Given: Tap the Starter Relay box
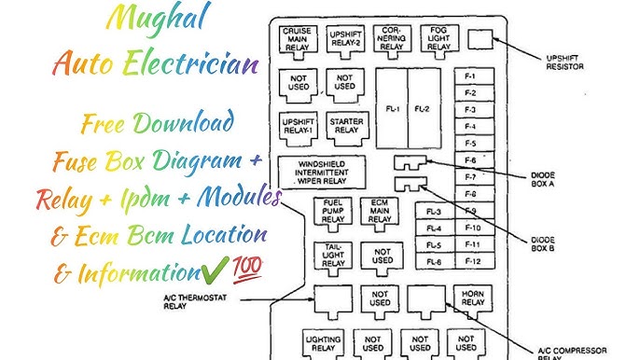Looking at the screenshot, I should [x=345, y=125].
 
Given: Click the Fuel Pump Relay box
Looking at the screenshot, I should [x=333, y=212].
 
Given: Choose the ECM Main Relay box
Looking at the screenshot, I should [x=380, y=212].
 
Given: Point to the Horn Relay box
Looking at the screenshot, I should [x=471, y=298].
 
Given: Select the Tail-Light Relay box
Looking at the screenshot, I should [x=333, y=256].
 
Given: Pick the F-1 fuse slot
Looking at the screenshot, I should [x=470, y=76].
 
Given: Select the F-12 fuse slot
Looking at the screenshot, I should [x=470, y=261].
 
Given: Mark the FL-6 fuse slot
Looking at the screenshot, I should [x=434, y=261].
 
